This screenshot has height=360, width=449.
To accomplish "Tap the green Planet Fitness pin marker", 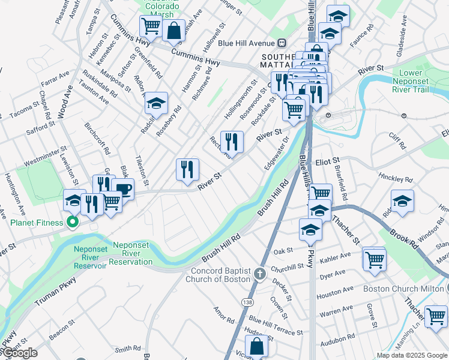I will click(73, 223).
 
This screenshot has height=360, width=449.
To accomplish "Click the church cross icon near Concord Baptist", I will click(260, 274).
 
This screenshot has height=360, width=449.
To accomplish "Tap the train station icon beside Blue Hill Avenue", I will click(282, 43).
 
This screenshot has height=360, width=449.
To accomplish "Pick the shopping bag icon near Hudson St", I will click(256, 346).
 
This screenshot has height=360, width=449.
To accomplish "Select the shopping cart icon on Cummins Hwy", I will click(151, 26).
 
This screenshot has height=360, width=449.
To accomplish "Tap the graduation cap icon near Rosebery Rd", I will click(156, 103).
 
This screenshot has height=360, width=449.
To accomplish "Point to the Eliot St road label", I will click(328, 161).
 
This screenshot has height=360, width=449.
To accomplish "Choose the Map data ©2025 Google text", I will click(411, 355).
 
